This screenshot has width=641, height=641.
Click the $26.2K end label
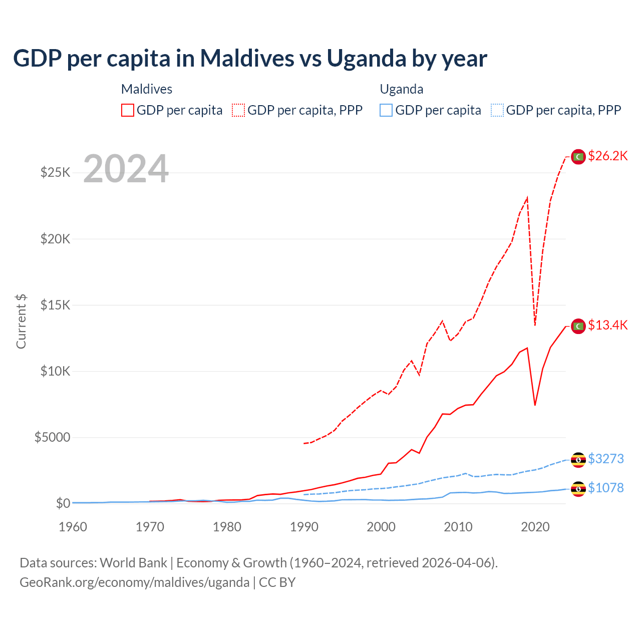point(607,156)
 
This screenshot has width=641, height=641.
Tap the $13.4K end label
point(607,326)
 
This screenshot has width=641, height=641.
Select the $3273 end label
point(605,459)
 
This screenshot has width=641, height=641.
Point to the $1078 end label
point(605,488)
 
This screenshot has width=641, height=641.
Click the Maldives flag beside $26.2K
point(578,157)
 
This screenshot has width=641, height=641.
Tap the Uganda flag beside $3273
point(578,459)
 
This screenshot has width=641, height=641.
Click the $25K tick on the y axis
point(55,173)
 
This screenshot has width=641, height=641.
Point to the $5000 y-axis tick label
point(52,437)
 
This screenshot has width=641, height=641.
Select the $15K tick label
point(55,305)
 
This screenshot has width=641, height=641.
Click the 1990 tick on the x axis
point(304,527)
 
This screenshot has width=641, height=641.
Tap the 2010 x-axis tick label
point(458,527)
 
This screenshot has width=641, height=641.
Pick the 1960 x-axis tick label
point(73,527)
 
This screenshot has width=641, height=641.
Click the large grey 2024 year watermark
point(126,169)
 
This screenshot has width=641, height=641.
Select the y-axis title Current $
point(21,322)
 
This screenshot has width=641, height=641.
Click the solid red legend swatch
point(128,110)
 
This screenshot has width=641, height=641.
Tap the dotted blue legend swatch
point(497,110)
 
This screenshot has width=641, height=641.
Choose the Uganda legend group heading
point(402,89)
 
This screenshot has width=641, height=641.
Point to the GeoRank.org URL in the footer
point(134,582)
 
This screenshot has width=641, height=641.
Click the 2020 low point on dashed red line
point(535,325)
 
